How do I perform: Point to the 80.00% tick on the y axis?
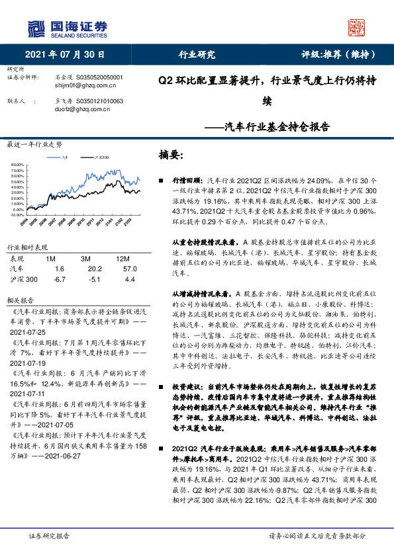pyautogui.click(x=17, y=165)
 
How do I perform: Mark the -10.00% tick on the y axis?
pyautogui.click(x=17, y=215)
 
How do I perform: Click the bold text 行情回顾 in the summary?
pyautogui.click(x=183, y=179)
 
